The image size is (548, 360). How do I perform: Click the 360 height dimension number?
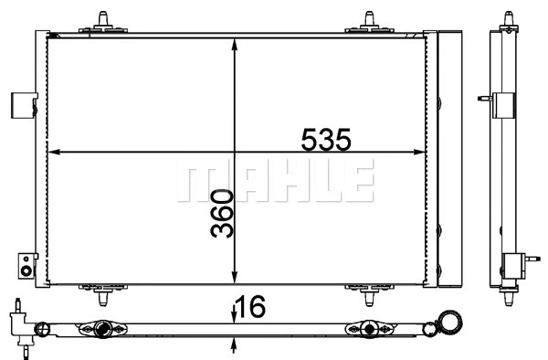223,214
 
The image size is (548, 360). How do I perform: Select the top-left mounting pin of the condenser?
98,20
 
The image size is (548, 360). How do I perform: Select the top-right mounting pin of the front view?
370,20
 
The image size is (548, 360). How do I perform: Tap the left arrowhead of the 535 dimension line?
50,151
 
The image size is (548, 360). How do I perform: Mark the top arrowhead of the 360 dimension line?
237,42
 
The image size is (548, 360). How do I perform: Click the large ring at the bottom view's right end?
450,321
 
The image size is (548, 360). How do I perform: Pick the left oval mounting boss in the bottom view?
102,328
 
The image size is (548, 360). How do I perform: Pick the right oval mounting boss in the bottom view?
368,328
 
